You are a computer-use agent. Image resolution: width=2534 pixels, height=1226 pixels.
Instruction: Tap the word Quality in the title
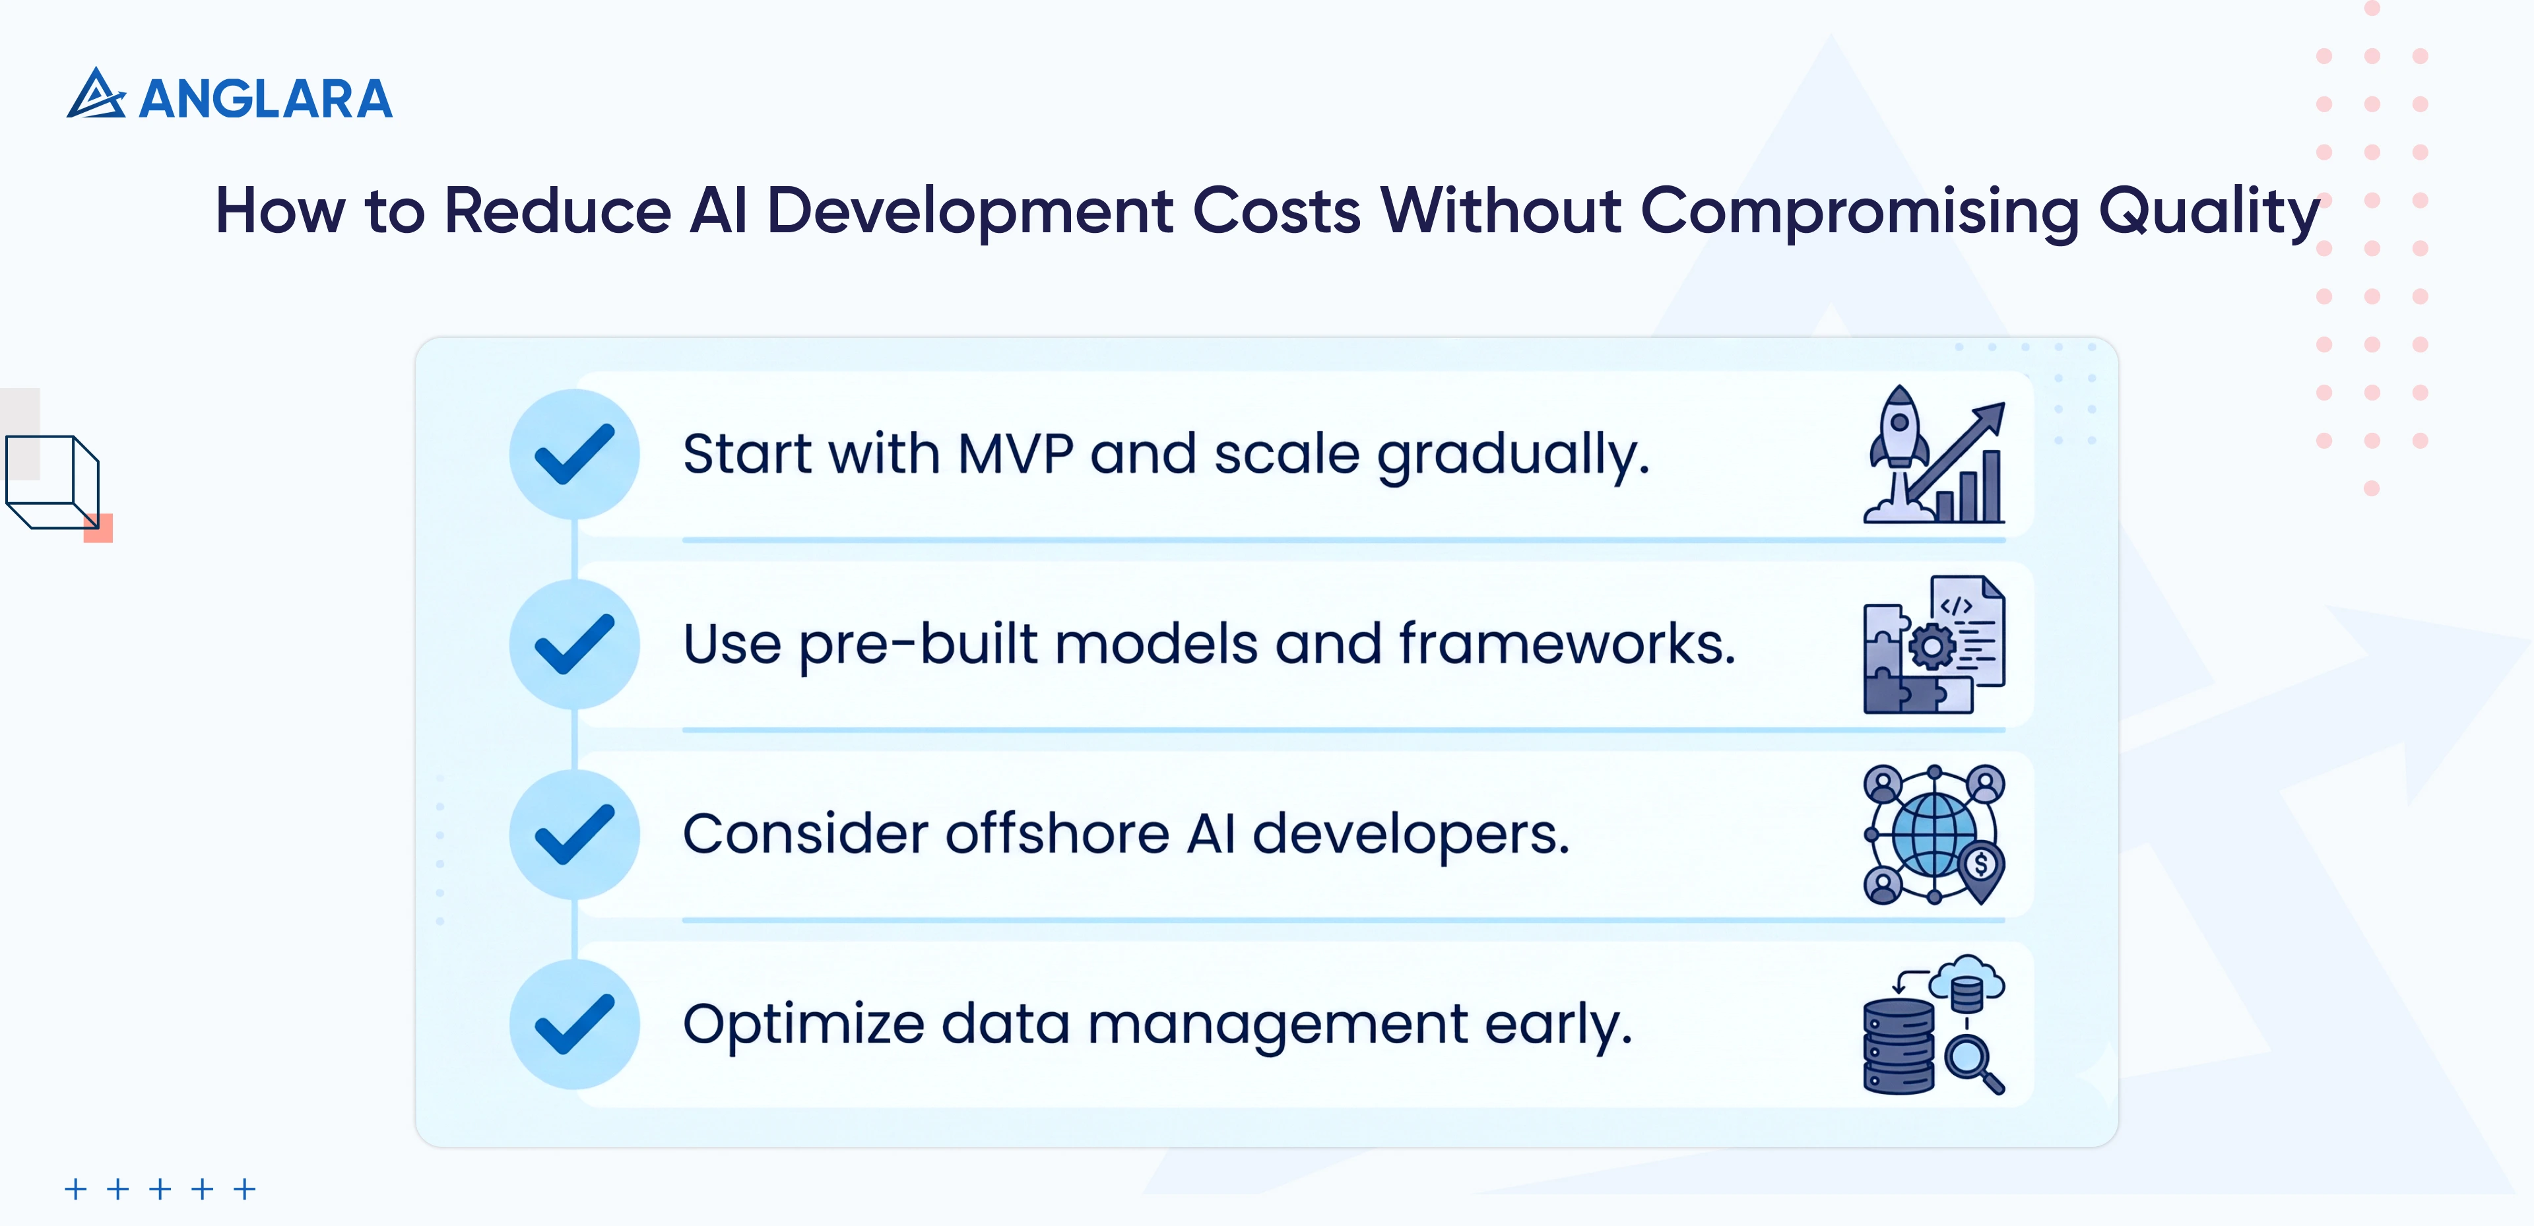[x=2209, y=212]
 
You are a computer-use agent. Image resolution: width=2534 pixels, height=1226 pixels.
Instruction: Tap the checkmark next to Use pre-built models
[x=575, y=645]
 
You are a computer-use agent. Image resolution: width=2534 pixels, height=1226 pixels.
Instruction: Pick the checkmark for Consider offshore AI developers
[x=575, y=835]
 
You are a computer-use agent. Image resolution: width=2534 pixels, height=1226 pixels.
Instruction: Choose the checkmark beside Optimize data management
[x=575, y=1024]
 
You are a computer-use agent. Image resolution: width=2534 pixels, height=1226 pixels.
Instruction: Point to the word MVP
[x=1014, y=455]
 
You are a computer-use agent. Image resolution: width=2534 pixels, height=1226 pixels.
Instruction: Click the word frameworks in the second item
[x=1566, y=645]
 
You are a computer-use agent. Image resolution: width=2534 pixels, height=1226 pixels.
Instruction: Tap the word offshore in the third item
[x=1056, y=835]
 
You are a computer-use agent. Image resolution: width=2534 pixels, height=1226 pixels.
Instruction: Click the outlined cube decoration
[x=54, y=482]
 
